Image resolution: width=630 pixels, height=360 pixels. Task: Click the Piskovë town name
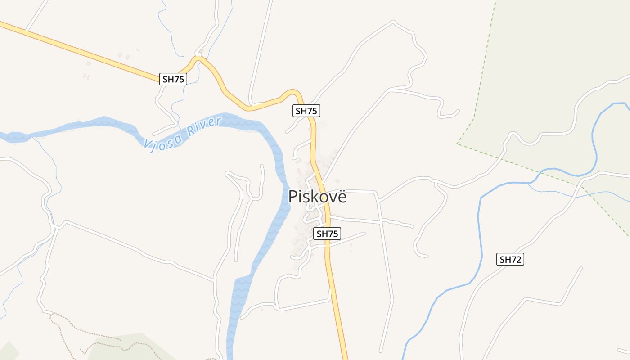[x=318, y=197]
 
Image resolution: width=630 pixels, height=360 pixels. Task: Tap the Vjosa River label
[x=183, y=134]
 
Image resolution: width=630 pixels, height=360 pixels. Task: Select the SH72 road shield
[x=511, y=259]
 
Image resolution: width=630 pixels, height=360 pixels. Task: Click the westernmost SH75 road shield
[x=173, y=79]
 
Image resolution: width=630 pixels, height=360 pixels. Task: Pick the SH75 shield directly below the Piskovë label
[x=327, y=234]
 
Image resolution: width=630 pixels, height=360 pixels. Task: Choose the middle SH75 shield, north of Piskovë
[x=306, y=111]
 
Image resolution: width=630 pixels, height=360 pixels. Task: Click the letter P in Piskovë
[x=293, y=197]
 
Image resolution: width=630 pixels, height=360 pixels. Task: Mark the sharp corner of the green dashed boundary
[x=458, y=144]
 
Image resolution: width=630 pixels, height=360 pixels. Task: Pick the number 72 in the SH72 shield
[x=517, y=259]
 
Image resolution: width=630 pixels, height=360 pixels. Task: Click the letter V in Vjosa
[x=147, y=145]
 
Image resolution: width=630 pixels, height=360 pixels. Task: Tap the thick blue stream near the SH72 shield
[x=479, y=234]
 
